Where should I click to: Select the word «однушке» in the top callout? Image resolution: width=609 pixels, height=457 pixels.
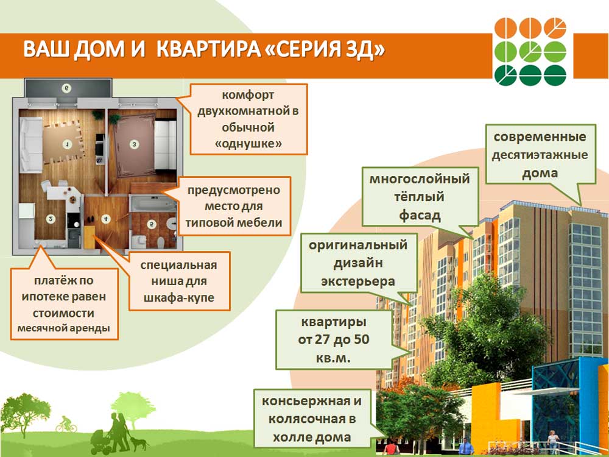(x=248, y=144)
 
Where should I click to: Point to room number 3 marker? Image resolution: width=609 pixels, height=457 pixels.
(x=134, y=144)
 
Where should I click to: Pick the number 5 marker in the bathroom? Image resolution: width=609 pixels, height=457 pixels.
(x=152, y=224)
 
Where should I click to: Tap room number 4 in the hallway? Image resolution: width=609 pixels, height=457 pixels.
(x=105, y=219)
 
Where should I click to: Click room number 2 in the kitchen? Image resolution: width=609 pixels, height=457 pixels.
(x=51, y=219)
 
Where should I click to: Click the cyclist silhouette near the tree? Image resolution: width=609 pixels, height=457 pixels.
(x=66, y=424)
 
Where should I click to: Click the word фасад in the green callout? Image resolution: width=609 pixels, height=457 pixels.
(x=420, y=215)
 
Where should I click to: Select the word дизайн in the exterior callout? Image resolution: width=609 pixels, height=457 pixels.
(x=358, y=263)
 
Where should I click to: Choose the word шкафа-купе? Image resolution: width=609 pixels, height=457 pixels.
(x=179, y=298)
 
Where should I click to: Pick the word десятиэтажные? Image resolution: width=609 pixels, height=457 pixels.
(x=540, y=155)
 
